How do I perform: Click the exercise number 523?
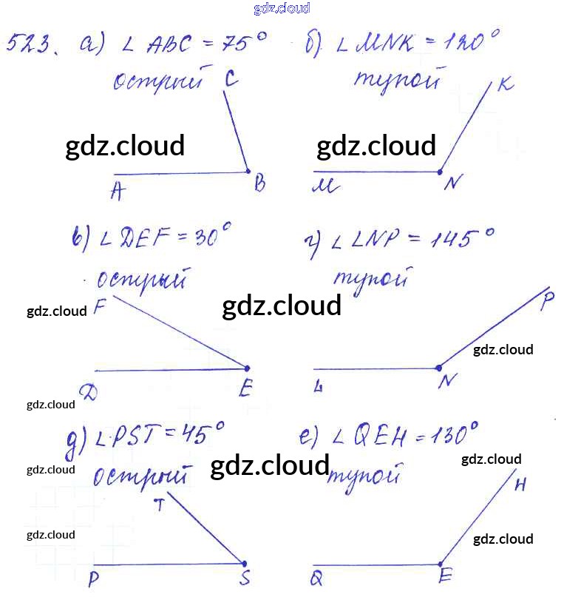(29, 47)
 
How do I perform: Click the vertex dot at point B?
(248, 172)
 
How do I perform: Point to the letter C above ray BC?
(231, 79)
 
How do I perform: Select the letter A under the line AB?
(116, 192)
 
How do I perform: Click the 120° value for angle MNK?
(469, 42)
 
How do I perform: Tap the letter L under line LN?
(318, 386)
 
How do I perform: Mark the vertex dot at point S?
(244, 564)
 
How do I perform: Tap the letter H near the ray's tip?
(520, 486)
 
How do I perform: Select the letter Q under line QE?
(316, 579)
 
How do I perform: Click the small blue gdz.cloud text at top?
(281, 8)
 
